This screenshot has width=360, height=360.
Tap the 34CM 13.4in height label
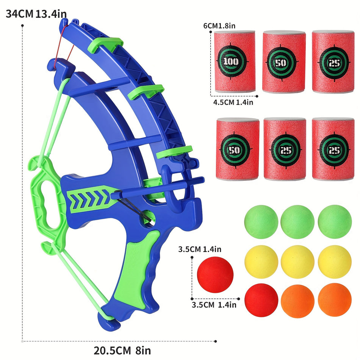point(36,14)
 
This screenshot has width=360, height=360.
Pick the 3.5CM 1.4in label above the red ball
point(199,249)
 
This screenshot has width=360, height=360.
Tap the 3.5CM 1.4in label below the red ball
point(214,304)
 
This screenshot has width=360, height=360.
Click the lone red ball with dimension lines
point(215,275)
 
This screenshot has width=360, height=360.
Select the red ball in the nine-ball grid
point(261,300)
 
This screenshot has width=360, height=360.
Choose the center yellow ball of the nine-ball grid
point(297,261)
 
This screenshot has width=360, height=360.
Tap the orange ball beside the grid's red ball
point(297,300)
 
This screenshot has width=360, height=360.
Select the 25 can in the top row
point(333,62)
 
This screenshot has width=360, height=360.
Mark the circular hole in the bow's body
point(149,218)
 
